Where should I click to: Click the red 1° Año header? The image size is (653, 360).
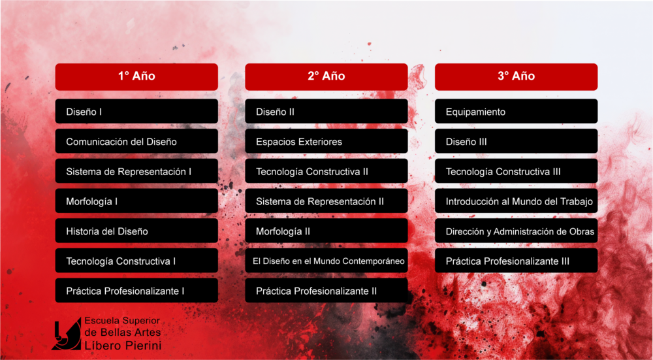coord(136,76)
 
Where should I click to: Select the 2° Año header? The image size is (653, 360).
coord(326,76)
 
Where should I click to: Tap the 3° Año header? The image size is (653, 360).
coord(516,76)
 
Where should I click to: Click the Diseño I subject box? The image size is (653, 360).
coord(136,111)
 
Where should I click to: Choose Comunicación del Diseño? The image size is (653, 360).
coord(136,141)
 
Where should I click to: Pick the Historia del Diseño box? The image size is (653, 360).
coord(136,231)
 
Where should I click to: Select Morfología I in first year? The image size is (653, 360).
coord(136,201)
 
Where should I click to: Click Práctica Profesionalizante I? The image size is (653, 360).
coord(136,290)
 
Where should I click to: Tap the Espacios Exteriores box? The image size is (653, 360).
coord(326,141)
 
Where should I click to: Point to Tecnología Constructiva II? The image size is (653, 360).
coord(326,171)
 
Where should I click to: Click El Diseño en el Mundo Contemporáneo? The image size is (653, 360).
coord(326,261)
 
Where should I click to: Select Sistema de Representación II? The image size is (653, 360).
coord(326,201)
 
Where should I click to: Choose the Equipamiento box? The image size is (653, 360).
coord(516,111)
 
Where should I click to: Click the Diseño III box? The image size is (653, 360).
coord(516,141)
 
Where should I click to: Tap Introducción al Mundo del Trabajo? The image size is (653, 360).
coord(516,201)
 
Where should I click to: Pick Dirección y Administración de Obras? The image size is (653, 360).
coord(516,231)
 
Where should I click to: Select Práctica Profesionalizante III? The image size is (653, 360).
coord(516,261)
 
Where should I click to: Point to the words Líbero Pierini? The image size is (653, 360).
coord(123,346)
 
